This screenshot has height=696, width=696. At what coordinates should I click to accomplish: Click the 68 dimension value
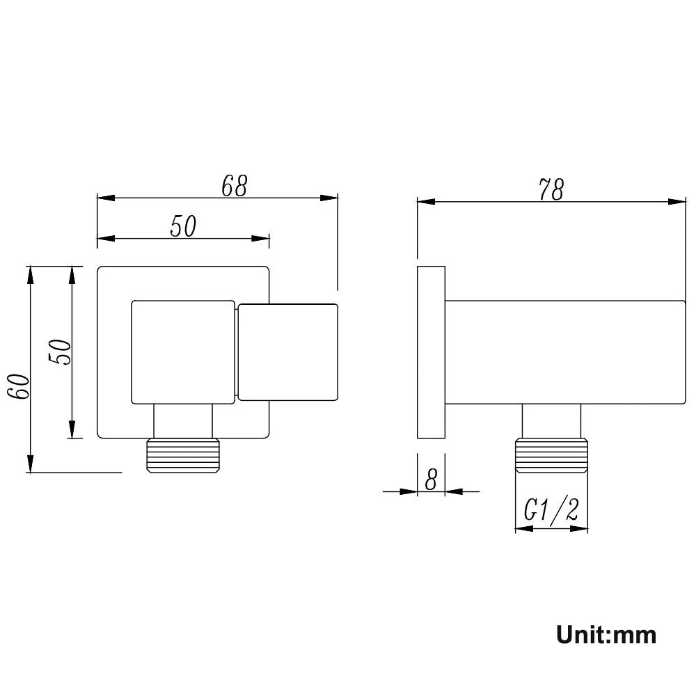(x=234, y=186)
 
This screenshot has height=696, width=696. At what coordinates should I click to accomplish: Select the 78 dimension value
(x=551, y=189)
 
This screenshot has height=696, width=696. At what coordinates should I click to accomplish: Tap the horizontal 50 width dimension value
(x=184, y=227)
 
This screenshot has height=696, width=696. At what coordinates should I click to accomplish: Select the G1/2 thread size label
(x=551, y=511)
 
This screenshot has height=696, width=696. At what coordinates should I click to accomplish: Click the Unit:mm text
(x=606, y=635)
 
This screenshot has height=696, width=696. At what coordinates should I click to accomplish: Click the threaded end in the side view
(x=551, y=455)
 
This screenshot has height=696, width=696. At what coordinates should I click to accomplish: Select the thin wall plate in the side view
(x=431, y=352)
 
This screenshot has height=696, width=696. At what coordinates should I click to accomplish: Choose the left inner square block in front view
(x=182, y=352)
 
